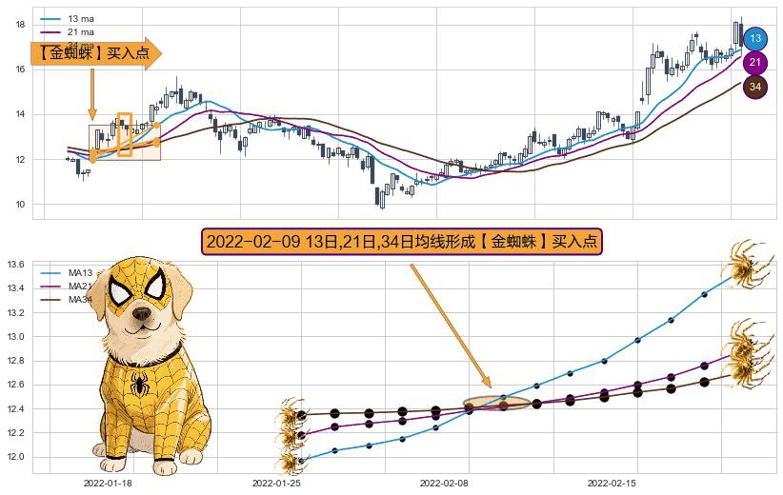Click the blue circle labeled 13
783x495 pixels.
[x=755, y=39]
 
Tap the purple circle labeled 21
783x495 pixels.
[x=755, y=63]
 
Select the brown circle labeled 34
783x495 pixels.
[x=755, y=87]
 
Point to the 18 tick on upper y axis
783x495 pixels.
[x=19, y=24]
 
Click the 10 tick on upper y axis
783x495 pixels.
[x=19, y=204]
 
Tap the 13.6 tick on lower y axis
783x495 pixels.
[x=16, y=265]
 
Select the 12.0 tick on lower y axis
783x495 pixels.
[x=16, y=457]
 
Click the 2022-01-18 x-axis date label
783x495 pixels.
[x=108, y=484]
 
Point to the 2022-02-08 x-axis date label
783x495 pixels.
[x=444, y=484]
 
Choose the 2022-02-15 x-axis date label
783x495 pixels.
[x=612, y=484]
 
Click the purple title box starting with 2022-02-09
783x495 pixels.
[x=402, y=242]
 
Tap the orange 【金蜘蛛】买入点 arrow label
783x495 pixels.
[x=95, y=54]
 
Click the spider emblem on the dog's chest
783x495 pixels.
[x=140, y=385]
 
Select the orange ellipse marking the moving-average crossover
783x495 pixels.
[x=496, y=405]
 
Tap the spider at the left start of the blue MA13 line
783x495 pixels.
[x=290, y=463]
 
